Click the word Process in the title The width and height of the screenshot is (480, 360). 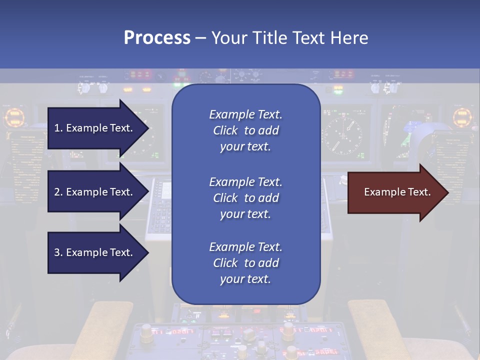[157, 38]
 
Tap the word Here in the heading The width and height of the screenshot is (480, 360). [348, 38]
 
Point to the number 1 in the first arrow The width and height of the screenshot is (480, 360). [57, 128]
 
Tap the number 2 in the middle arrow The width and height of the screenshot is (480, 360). [57, 192]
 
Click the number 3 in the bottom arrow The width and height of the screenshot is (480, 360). [57, 252]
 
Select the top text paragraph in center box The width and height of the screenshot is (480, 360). [245, 130]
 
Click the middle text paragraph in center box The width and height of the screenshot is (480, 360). [245, 198]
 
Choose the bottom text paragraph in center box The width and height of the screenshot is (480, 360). [245, 263]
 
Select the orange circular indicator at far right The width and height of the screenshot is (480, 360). [463, 117]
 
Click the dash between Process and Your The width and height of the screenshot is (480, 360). [200, 38]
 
